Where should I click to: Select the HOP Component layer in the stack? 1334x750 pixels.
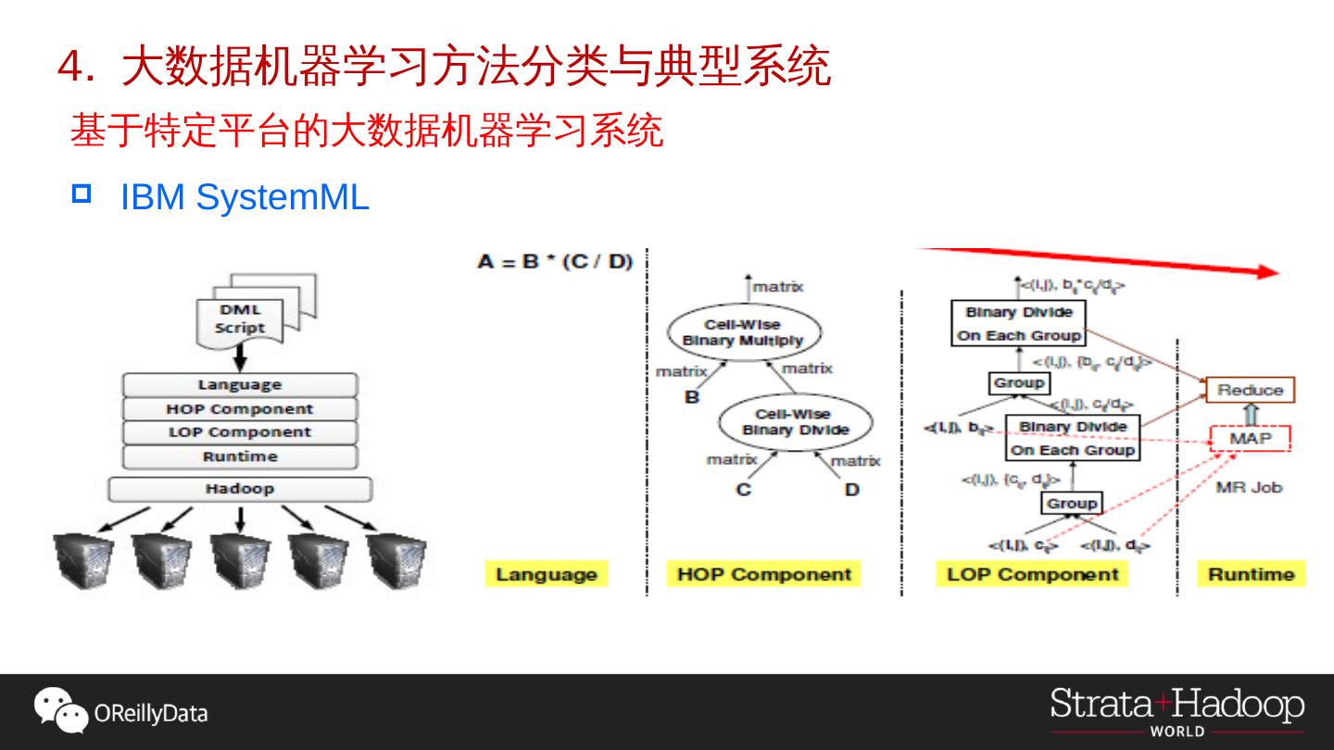pyautogui.click(x=240, y=409)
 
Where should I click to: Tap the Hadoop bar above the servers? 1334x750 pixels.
pyautogui.click(x=240, y=489)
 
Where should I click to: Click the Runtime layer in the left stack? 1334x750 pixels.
pyautogui.click(x=240, y=456)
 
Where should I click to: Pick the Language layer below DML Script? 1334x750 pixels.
pyautogui.click(x=240, y=385)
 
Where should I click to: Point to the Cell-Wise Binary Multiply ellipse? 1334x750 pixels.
pyautogui.click(x=743, y=333)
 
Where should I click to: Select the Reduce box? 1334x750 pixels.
pyautogui.click(x=1250, y=390)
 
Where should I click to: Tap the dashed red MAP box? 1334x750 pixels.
pyautogui.click(x=1251, y=438)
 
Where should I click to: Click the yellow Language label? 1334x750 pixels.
pyautogui.click(x=547, y=574)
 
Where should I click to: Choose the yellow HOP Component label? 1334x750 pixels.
pyautogui.click(x=763, y=574)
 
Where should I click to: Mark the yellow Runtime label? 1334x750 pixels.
pyautogui.click(x=1251, y=574)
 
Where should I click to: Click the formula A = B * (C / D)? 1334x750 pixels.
pyautogui.click(x=555, y=262)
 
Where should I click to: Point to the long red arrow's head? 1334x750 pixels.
pyautogui.click(x=1270, y=271)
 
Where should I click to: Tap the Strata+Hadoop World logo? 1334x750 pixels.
pyautogui.click(x=1177, y=711)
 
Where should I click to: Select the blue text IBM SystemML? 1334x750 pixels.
pyautogui.click(x=245, y=197)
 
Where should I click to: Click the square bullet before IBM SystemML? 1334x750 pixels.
pyautogui.click(x=82, y=194)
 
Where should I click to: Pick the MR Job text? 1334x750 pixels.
pyautogui.click(x=1249, y=487)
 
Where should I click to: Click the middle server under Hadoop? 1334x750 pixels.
pyautogui.click(x=240, y=561)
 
